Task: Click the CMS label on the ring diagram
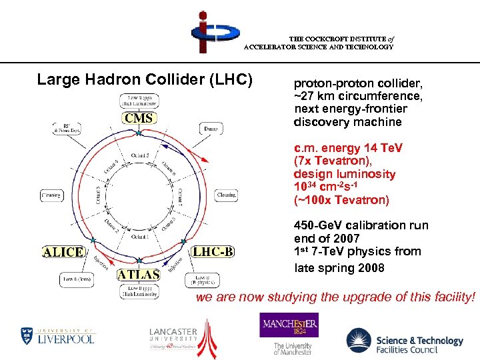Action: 138,118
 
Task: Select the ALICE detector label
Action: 64,252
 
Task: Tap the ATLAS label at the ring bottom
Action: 139,274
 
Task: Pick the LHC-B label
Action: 213,252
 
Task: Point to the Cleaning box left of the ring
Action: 50,196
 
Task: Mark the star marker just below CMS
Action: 139,134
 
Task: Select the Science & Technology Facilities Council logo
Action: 405,341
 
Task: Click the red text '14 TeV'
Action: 381,147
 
